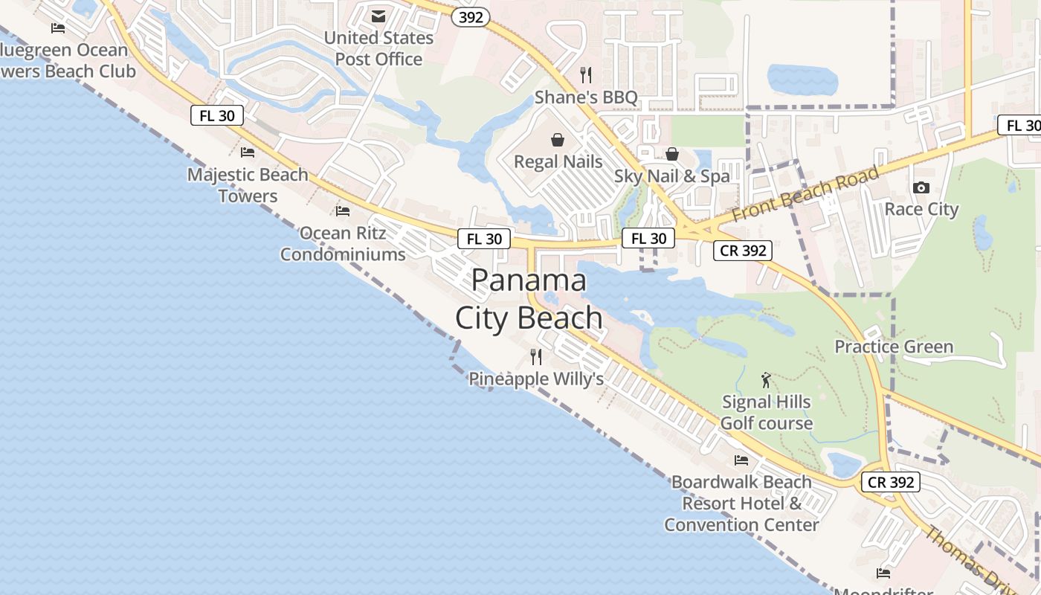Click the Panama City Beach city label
[x=529, y=299]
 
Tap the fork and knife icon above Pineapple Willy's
[x=535, y=356]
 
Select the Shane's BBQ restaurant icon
[x=586, y=74]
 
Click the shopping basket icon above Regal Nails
[x=558, y=139]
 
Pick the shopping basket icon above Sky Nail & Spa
[x=672, y=154]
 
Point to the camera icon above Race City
[x=921, y=187]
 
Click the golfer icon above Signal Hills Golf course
[x=766, y=380]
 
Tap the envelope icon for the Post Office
[x=378, y=16]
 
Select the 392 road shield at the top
[x=471, y=17]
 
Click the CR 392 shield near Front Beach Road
[x=743, y=251]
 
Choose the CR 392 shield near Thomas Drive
[x=892, y=482]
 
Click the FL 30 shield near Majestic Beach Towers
[x=217, y=115]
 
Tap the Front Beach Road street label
[x=805, y=193]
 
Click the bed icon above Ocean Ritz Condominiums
[x=343, y=211]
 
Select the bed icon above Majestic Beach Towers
[x=248, y=152]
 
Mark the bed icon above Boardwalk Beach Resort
[x=741, y=460]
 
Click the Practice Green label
[x=894, y=347]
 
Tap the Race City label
[x=921, y=209]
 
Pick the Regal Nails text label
[x=558, y=161]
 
